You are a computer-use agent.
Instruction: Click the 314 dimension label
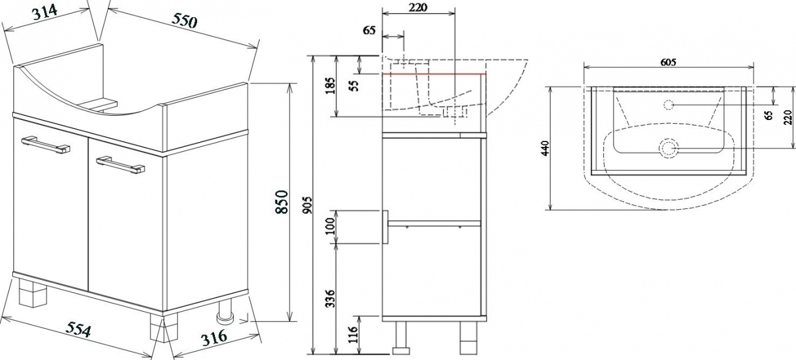pos(45,13)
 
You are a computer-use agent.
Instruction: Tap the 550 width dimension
pos(184,21)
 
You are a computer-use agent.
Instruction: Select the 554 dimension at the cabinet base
pos(79,329)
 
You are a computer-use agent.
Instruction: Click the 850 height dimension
pos(282,202)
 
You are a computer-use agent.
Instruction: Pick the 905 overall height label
pos(308,205)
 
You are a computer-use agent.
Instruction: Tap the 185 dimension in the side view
pos(331,86)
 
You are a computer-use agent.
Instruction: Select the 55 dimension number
pos(354,86)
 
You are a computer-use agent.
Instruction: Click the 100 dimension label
pos(331,226)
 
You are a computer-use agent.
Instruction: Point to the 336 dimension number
pos(331,299)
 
